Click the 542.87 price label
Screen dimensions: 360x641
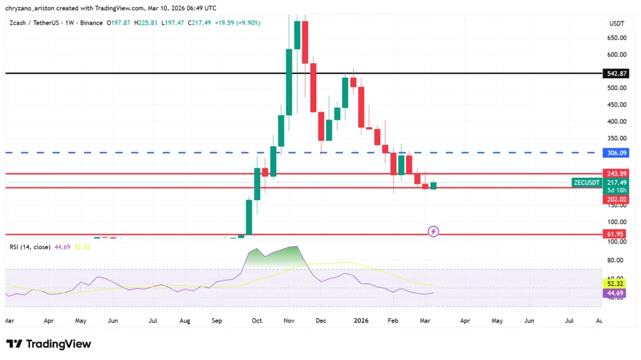[617, 73]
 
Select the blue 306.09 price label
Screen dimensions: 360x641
[617, 152]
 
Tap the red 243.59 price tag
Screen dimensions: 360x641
[617, 173]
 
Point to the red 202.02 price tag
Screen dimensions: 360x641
[617, 199]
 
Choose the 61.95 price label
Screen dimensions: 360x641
[617, 234]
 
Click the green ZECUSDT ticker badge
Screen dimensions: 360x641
[587, 182]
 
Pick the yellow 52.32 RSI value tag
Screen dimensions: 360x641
[617, 284]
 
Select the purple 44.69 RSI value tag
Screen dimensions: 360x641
[617, 292]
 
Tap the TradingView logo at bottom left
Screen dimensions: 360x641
[49, 344]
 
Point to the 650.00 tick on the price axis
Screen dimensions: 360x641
[616, 38]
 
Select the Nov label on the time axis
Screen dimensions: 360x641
[289, 320]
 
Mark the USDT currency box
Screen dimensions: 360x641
[616, 23]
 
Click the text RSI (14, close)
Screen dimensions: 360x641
[29, 247]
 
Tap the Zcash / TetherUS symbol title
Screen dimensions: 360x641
[36, 23]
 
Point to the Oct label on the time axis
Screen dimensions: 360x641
[257, 320]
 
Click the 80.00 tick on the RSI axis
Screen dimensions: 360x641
[616, 260]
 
